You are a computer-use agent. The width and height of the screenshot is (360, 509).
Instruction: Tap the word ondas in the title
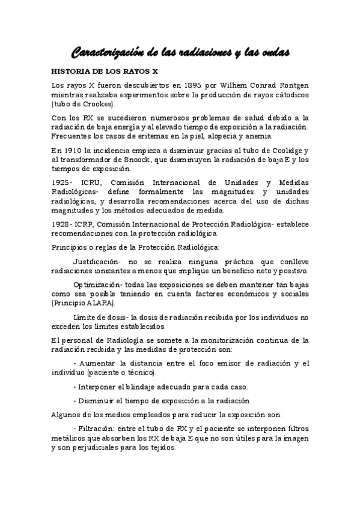(x=272, y=53)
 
